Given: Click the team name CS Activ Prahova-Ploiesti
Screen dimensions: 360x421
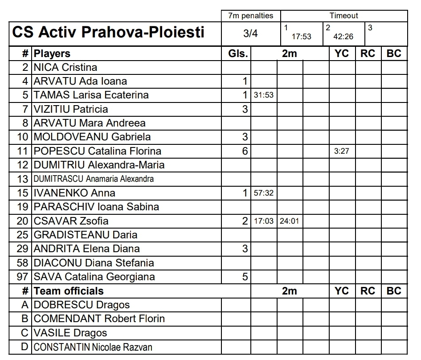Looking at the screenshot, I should pyautogui.click(x=108, y=32).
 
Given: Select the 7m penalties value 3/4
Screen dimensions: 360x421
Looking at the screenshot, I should pyautogui.click(x=250, y=33).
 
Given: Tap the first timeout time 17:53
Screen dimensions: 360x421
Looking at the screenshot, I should pyautogui.click(x=302, y=37).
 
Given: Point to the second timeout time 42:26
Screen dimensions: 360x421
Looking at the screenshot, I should pyautogui.click(x=343, y=37).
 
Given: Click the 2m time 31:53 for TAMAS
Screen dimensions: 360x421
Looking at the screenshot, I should pyautogui.click(x=264, y=95).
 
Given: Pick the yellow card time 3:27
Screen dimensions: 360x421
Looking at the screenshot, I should pyautogui.click(x=342, y=151).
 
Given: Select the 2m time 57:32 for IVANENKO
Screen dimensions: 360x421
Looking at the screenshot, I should pyautogui.click(x=264, y=193).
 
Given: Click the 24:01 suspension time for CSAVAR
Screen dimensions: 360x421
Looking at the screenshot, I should pyautogui.click(x=290, y=221).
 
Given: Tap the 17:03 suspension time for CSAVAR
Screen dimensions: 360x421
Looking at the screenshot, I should pyautogui.click(x=264, y=221).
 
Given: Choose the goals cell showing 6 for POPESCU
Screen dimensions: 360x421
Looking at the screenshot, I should pyautogui.click(x=245, y=151).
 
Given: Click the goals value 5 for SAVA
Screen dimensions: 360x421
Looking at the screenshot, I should pyautogui.click(x=245, y=277).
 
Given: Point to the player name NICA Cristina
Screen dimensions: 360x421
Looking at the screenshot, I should pyautogui.click(x=65, y=67).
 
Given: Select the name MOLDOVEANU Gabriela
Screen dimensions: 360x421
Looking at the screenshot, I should pyautogui.click(x=92, y=137).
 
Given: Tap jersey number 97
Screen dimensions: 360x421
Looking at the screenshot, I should pyautogui.click(x=22, y=277).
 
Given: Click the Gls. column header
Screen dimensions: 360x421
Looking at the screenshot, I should pyautogui.click(x=237, y=53).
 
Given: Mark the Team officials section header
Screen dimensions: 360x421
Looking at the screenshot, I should pyautogui.click(x=69, y=291).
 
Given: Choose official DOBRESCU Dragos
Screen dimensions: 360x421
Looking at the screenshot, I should pyautogui.click(x=82, y=305).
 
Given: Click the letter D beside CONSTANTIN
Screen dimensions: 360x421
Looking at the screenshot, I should pyautogui.click(x=25, y=347).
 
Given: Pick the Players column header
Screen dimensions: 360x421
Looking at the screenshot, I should pyautogui.click(x=52, y=53).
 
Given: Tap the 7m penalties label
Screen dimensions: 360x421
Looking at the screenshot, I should pyautogui.click(x=250, y=16).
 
